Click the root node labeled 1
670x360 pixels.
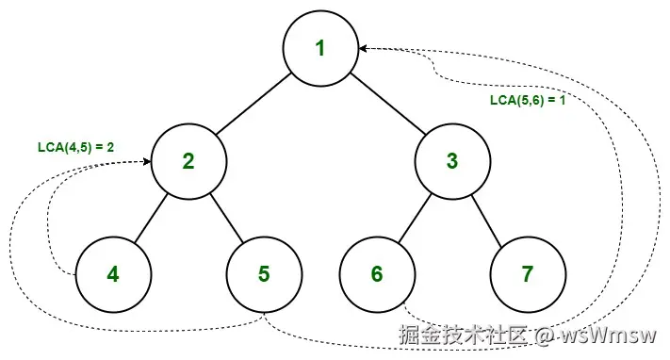point(319,48)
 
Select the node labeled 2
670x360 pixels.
point(188,161)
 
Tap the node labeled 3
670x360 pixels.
point(451,161)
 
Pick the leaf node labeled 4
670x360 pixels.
point(113,274)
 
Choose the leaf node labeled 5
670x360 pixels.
point(264,274)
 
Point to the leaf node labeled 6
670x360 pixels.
point(377,274)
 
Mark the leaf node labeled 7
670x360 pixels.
point(527,274)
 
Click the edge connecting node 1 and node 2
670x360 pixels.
point(254,105)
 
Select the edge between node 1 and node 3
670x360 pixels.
point(385,105)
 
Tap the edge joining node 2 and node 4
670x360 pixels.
point(151,218)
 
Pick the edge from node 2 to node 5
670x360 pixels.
point(226,218)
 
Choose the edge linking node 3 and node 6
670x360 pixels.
point(415,218)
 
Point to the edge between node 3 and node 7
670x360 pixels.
point(489,218)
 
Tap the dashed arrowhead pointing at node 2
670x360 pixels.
point(147,161)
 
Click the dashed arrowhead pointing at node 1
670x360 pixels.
point(363,48)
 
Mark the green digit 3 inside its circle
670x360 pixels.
point(451,161)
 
